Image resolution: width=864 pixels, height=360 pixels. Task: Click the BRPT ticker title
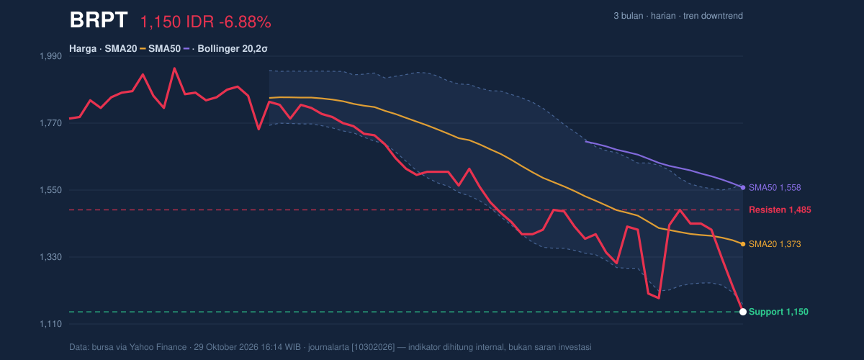(x=99, y=19)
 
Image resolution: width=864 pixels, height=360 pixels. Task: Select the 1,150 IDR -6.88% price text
(x=206, y=22)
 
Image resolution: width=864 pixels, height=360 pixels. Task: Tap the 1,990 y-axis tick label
(x=51, y=56)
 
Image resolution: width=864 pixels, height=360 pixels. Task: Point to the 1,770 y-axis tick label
(x=51, y=123)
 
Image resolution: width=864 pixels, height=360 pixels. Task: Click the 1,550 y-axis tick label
(x=51, y=190)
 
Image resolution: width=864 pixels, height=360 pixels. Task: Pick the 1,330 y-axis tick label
(x=51, y=257)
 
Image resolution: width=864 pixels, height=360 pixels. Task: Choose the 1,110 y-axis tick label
(x=51, y=324)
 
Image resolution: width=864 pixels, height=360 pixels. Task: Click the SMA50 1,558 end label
(x=775, y=187)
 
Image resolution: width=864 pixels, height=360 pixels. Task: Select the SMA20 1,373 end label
(x=775, y=244)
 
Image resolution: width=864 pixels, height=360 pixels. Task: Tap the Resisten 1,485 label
(x=780, y=210)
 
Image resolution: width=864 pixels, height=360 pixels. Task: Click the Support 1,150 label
(x=778, y=312)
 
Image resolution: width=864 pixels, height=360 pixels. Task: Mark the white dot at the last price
(x=743, y=312)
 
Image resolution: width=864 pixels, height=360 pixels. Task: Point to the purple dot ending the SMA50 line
(x=743, y=187)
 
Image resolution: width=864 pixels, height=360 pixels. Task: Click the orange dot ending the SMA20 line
(x=743, y=244)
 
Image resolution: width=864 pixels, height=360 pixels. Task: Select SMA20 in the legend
(x=121, y=49)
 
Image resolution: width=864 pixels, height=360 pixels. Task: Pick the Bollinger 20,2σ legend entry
(x=233, y=49)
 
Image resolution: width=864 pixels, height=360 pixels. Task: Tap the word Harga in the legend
(x=83, y=49)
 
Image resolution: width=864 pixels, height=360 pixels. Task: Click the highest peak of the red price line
(x=174, y=68)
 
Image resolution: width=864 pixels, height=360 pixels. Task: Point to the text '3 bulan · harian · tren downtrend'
(x=678, y=16)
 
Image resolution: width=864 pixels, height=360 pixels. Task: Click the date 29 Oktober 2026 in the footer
(x=226, y=347)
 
